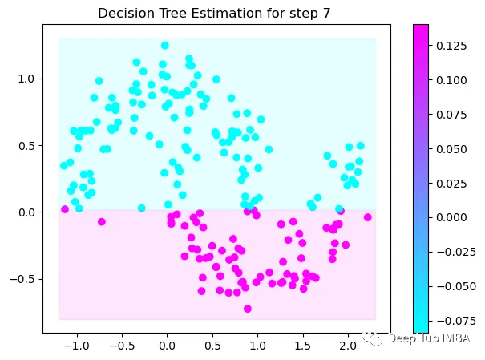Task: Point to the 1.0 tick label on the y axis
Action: (27, 79)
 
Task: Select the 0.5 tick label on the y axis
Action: (27, 145)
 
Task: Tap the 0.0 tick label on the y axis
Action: (27, 212)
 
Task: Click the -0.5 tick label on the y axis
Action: (24, 279)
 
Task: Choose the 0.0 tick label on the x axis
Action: (166, 345)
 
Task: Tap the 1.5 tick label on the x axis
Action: (301, 345)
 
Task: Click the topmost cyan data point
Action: (165, 46)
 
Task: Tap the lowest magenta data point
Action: (248, 309)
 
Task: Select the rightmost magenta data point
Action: (368, 217)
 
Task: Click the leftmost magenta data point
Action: (65, 209)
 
